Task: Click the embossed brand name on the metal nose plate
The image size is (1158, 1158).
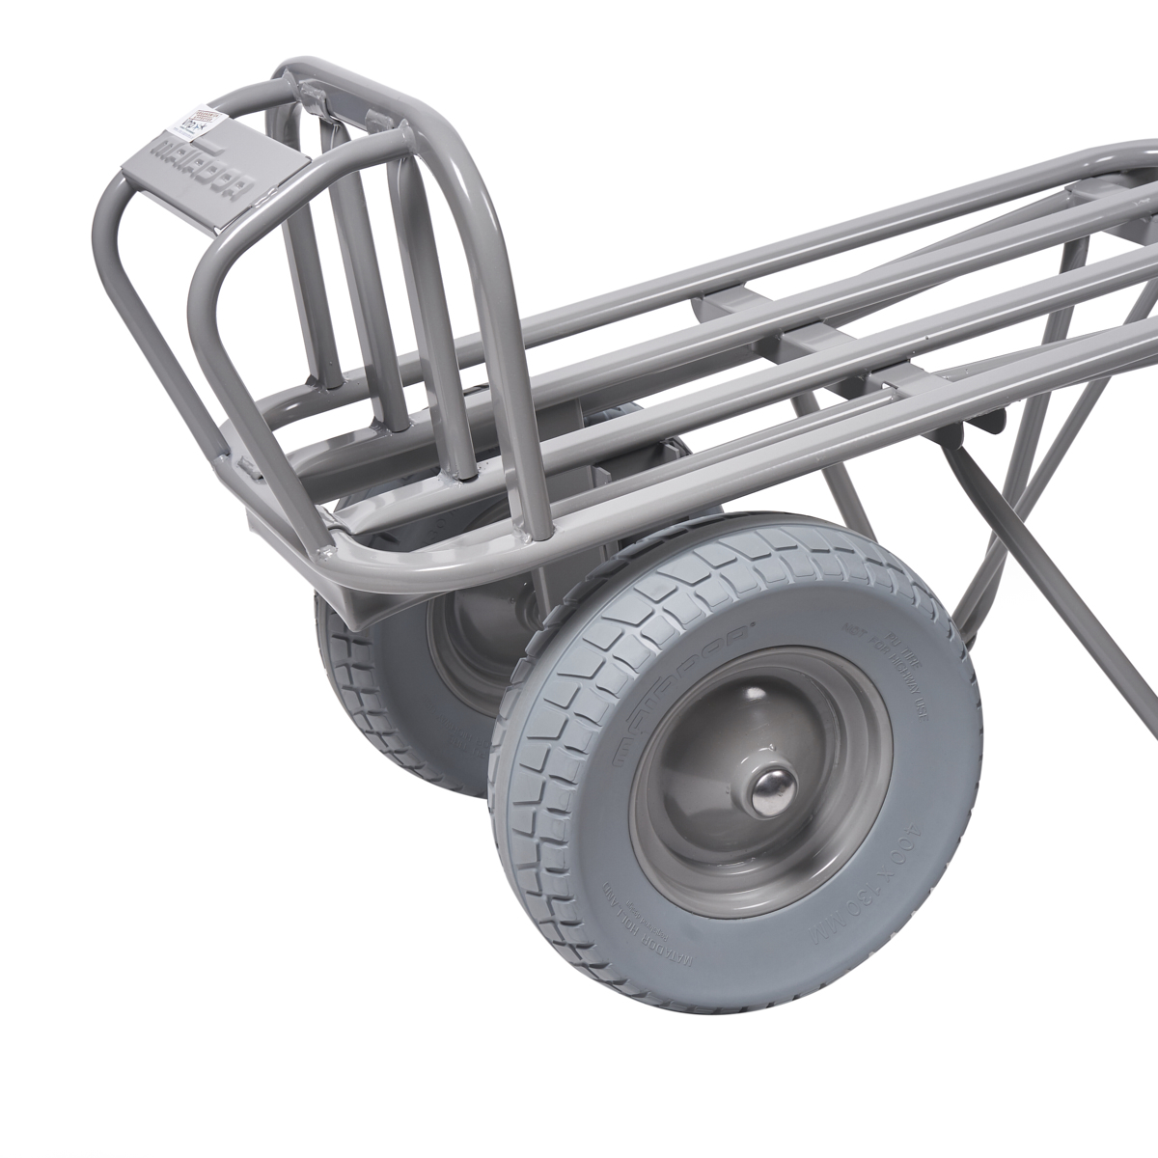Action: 207,174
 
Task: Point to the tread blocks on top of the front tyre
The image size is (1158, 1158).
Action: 733,569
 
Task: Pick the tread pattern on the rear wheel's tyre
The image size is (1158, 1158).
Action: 347,666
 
